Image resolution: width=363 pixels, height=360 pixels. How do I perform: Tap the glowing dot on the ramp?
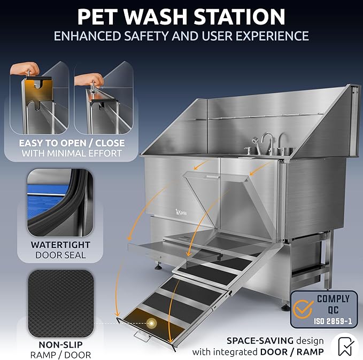click(152, 323)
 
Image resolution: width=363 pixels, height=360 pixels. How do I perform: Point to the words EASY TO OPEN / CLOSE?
click(72, 143)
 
